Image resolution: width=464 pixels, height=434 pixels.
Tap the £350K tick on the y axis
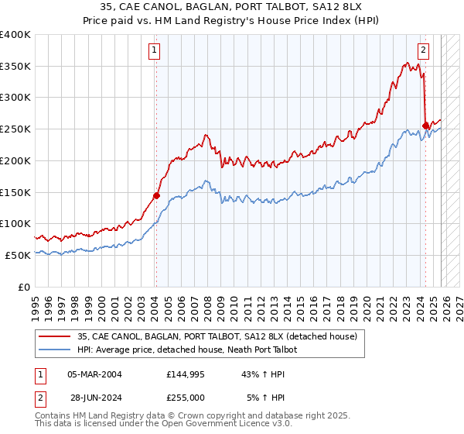tap(15, 67)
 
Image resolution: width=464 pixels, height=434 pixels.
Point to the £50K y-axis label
tap(18, 255)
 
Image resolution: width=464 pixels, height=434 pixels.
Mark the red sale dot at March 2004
tap(156, 195)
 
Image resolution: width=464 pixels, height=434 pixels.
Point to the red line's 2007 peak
tap(206, 136)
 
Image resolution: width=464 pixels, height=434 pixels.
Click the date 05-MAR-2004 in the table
tap(94, 374)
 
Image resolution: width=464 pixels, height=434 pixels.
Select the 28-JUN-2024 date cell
tap(94, 397)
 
